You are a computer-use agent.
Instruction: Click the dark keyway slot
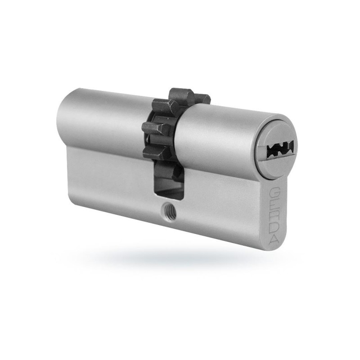pyautogui.click(x=280, y=148)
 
